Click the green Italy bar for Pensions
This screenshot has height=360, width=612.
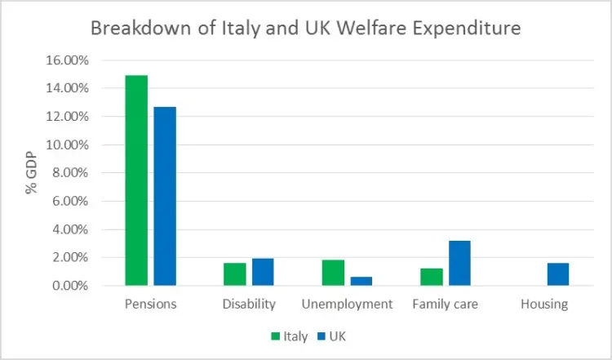137,180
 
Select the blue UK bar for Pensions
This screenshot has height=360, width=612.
165,196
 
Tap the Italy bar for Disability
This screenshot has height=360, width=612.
235,274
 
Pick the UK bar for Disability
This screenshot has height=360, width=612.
263,272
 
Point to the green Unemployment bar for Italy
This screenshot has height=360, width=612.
333,273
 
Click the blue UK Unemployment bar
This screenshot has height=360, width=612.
361,282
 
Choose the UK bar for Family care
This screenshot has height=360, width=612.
459,263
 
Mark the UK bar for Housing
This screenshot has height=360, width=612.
558,274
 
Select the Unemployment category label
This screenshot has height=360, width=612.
347,304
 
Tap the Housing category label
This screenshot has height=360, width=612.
544,304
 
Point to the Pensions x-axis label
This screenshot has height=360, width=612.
151,304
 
